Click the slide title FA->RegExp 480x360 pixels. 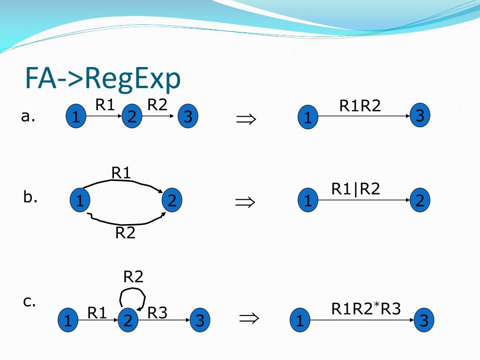coord(103,79)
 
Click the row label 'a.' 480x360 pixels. coord(28,116)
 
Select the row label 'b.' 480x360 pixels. coord(30,197)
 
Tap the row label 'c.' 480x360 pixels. coord(30,301)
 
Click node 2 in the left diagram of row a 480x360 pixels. coord(132,117)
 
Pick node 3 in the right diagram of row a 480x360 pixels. coord(420,116)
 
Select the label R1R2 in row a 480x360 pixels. coord(360,106)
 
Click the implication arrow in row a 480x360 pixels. coord(246,119)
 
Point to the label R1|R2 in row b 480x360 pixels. coord(355,188)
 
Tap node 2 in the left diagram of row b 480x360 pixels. coord(172,201)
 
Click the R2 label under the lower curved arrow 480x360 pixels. coord(125,232)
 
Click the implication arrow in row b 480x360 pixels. coord(245,202)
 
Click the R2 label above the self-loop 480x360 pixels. coord(133,277)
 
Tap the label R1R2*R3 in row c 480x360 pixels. coord(366,309)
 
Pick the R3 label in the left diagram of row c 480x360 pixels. coord(157,313)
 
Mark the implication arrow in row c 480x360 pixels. coord(248,319)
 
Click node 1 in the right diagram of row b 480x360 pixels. coord(307,201)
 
